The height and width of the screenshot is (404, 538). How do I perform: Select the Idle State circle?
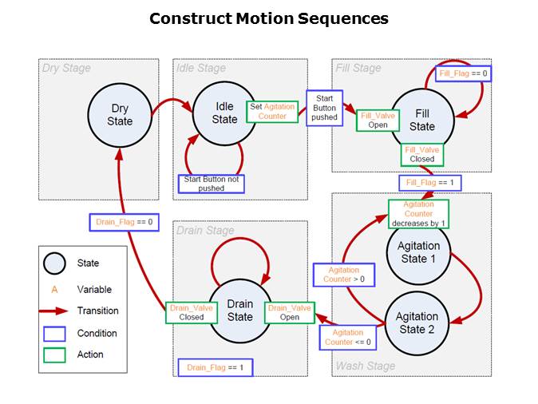(x=225, y=113)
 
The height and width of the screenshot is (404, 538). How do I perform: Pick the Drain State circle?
(x=240, y=311)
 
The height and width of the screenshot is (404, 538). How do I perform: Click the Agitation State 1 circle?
(x=417, y=252)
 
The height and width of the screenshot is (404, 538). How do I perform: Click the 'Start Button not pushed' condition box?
(x=211, y=183)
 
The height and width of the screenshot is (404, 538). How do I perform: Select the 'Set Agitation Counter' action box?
(x=272, y=111)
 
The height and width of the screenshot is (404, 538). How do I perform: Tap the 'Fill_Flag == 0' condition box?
(x=463, y=73)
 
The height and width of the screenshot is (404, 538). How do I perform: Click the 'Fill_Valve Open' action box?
(x=378, y=119)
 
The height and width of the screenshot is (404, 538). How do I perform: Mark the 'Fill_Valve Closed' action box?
(x=421, y=153)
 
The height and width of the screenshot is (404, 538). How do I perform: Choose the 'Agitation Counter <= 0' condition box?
(x=347, y=337)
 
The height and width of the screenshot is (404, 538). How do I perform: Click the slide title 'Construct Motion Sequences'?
(x=269, y=18)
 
